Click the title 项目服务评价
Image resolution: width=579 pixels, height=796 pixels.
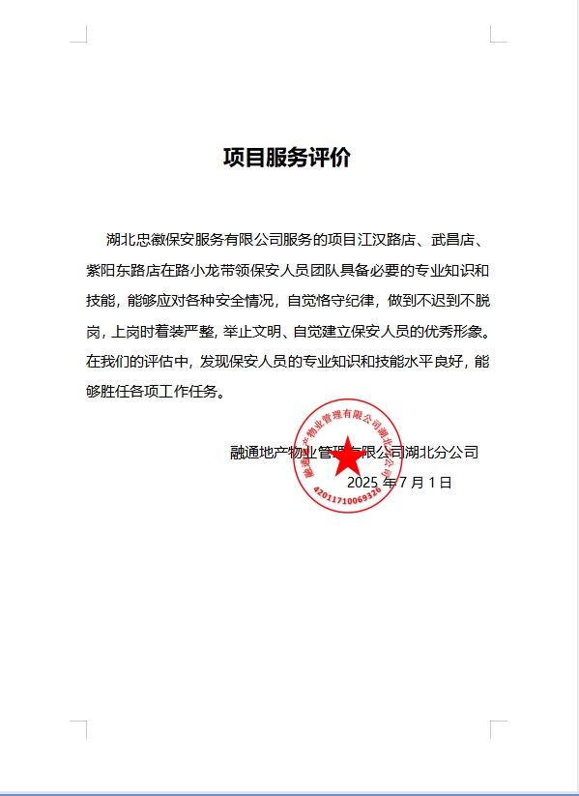pyautogui.click(x=287, y=158)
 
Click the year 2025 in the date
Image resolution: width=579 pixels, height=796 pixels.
pyautogui.click(x=362, y=482)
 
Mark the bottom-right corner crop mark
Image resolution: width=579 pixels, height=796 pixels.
pyautogui.click(x=498, y=728)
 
